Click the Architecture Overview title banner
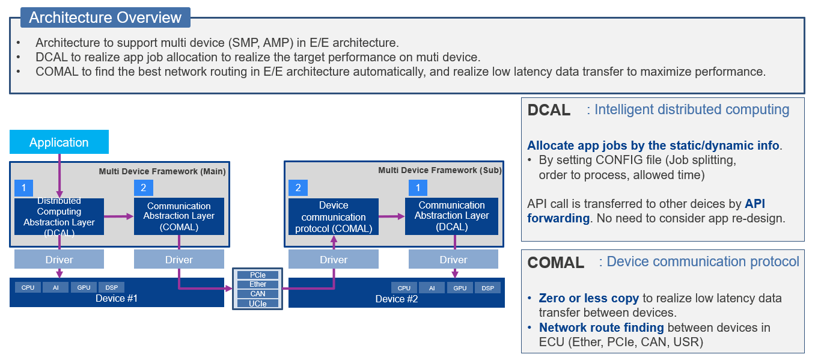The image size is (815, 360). [x=105, y=17]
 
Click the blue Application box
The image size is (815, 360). [x=59, y=142]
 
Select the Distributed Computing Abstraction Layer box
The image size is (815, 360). [x=59, y=217]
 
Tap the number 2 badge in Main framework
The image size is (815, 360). [x=143, y=188]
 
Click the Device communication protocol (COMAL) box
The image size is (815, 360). [x=334, y=217]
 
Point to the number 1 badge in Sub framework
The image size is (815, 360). [x=418, y=188]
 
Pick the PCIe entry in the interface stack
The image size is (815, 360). [x=258, y=275]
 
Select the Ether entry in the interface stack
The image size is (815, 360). [x=258, y=284]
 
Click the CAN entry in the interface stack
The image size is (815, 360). [x=258, y=294]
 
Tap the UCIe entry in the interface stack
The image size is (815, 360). [x=258, y=304]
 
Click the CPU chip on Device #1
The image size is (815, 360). [x=28, y=288]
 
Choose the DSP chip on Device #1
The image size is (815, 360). [x=111, y=288]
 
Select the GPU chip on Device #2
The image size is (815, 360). [x=460, y=288]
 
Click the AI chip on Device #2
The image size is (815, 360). [x=432, y=288]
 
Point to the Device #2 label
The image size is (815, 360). [x=397, y=299]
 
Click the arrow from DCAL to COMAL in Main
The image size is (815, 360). [x=118, y=216]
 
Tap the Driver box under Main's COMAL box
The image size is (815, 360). [x=179, y=260]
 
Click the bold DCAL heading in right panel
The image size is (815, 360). [x=549, y=110]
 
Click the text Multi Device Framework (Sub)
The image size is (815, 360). [x=439, y=171]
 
